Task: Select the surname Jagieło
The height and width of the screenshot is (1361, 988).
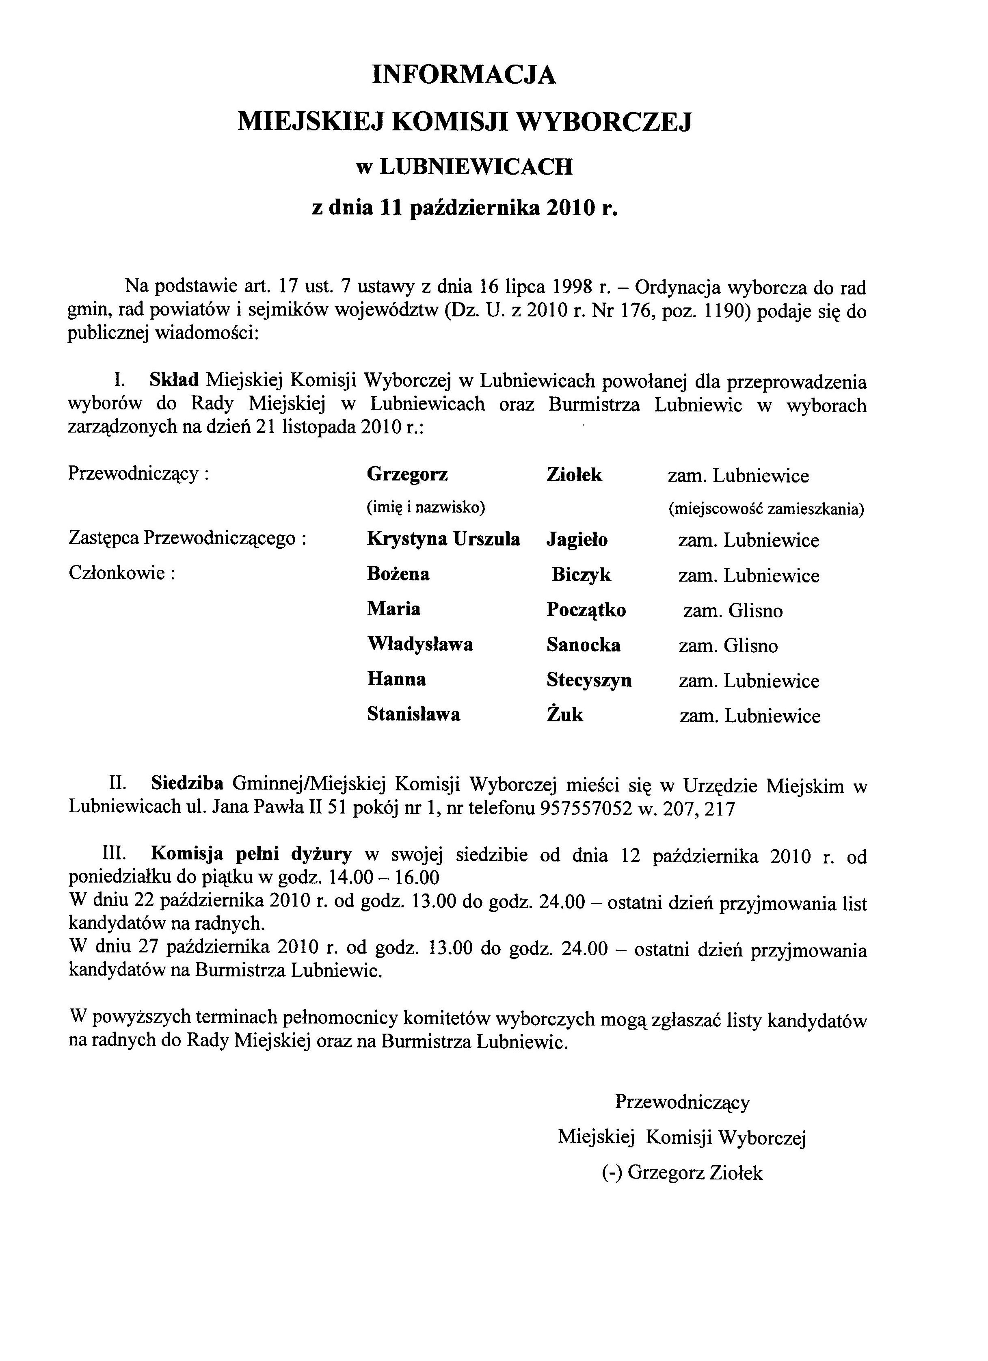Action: point(577,540)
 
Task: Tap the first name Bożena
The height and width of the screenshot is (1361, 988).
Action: point(398,574)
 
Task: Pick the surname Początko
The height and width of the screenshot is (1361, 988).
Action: point(586,610)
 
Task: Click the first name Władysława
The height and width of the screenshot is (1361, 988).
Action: point(420,645)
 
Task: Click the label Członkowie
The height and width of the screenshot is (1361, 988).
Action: point(121,574)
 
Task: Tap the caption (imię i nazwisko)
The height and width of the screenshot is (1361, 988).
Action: point(425,508)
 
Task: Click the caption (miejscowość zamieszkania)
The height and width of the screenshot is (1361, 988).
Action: point(766,509)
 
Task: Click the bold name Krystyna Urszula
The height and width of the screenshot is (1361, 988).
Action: point(443,539)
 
